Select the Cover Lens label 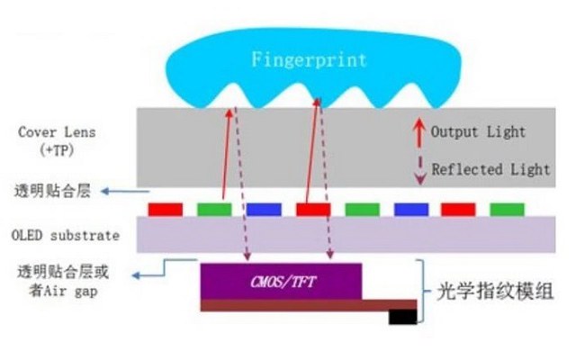click(56, 131)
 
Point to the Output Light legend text click(478, 132)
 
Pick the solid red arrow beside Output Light click(418, 131)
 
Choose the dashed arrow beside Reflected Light click(418, 169)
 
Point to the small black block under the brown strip click(402, 317)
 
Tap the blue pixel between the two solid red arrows click(264, 209)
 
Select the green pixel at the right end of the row click(507, 209)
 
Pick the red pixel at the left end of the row click(165, 209)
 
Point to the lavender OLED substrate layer click(360, 236)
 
